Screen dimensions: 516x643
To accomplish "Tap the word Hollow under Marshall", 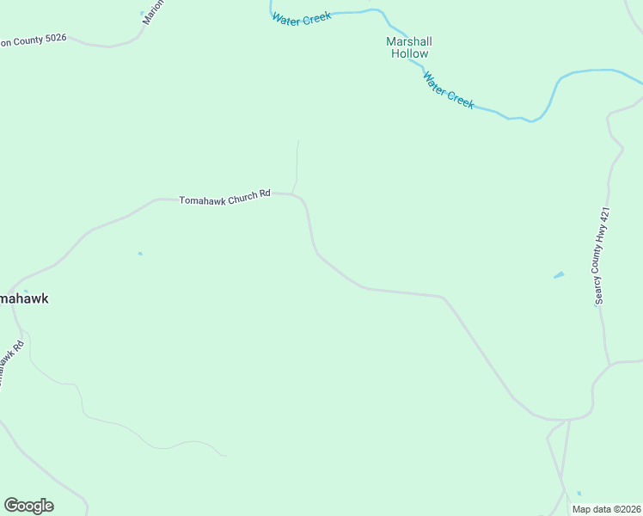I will [409, 54].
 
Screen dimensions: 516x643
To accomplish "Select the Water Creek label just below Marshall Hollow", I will [448, 89].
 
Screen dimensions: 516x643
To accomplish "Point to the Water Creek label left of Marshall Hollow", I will [302, 17].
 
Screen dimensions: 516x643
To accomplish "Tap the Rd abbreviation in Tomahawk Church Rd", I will [265, 194].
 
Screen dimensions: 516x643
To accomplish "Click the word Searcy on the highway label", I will [598, 288].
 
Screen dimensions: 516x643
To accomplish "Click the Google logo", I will [28, 506].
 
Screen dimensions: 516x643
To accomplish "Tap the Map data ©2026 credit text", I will [607, 509].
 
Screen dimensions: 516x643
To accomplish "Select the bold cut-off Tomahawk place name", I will [23, 298].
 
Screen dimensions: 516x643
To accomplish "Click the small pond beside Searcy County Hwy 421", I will [560, 275].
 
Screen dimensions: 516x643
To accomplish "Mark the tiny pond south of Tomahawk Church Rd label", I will [140, 254].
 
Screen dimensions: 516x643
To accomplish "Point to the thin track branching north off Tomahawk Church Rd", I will [297, 163].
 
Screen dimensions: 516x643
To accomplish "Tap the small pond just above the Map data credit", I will [579, 494].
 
